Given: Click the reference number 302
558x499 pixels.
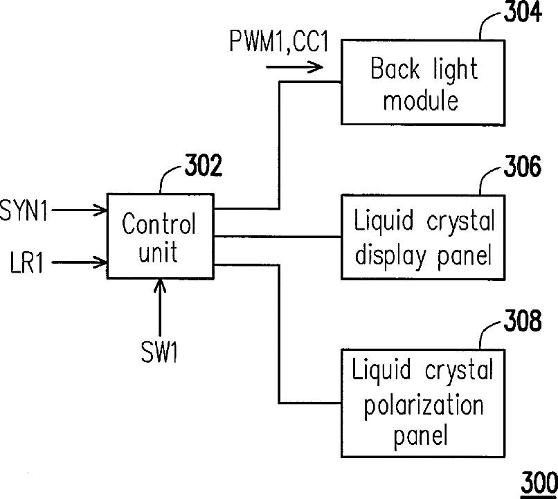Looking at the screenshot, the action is pos(204,165).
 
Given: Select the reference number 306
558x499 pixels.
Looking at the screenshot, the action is pos(523,166).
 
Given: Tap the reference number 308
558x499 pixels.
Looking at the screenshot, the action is pos(523,320).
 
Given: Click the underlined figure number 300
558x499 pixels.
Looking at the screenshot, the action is pos(539,484).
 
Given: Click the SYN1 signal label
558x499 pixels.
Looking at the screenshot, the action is pos(24,210).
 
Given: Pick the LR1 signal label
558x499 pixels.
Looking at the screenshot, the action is pos(27,262).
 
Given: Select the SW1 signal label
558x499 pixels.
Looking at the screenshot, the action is pos(159,352).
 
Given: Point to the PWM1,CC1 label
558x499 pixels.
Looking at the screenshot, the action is pos(278,42).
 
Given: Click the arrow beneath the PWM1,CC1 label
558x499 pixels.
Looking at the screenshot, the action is pos(295,67).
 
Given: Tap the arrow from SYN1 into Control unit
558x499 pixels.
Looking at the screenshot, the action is pos(80,210).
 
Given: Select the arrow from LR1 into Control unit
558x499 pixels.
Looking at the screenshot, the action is pos(80,262).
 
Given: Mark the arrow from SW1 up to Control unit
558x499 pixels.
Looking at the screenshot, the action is pos(160,308).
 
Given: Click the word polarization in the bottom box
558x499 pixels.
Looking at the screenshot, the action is pos(424,406).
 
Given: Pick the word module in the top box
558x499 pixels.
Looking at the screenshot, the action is pos(421,100).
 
